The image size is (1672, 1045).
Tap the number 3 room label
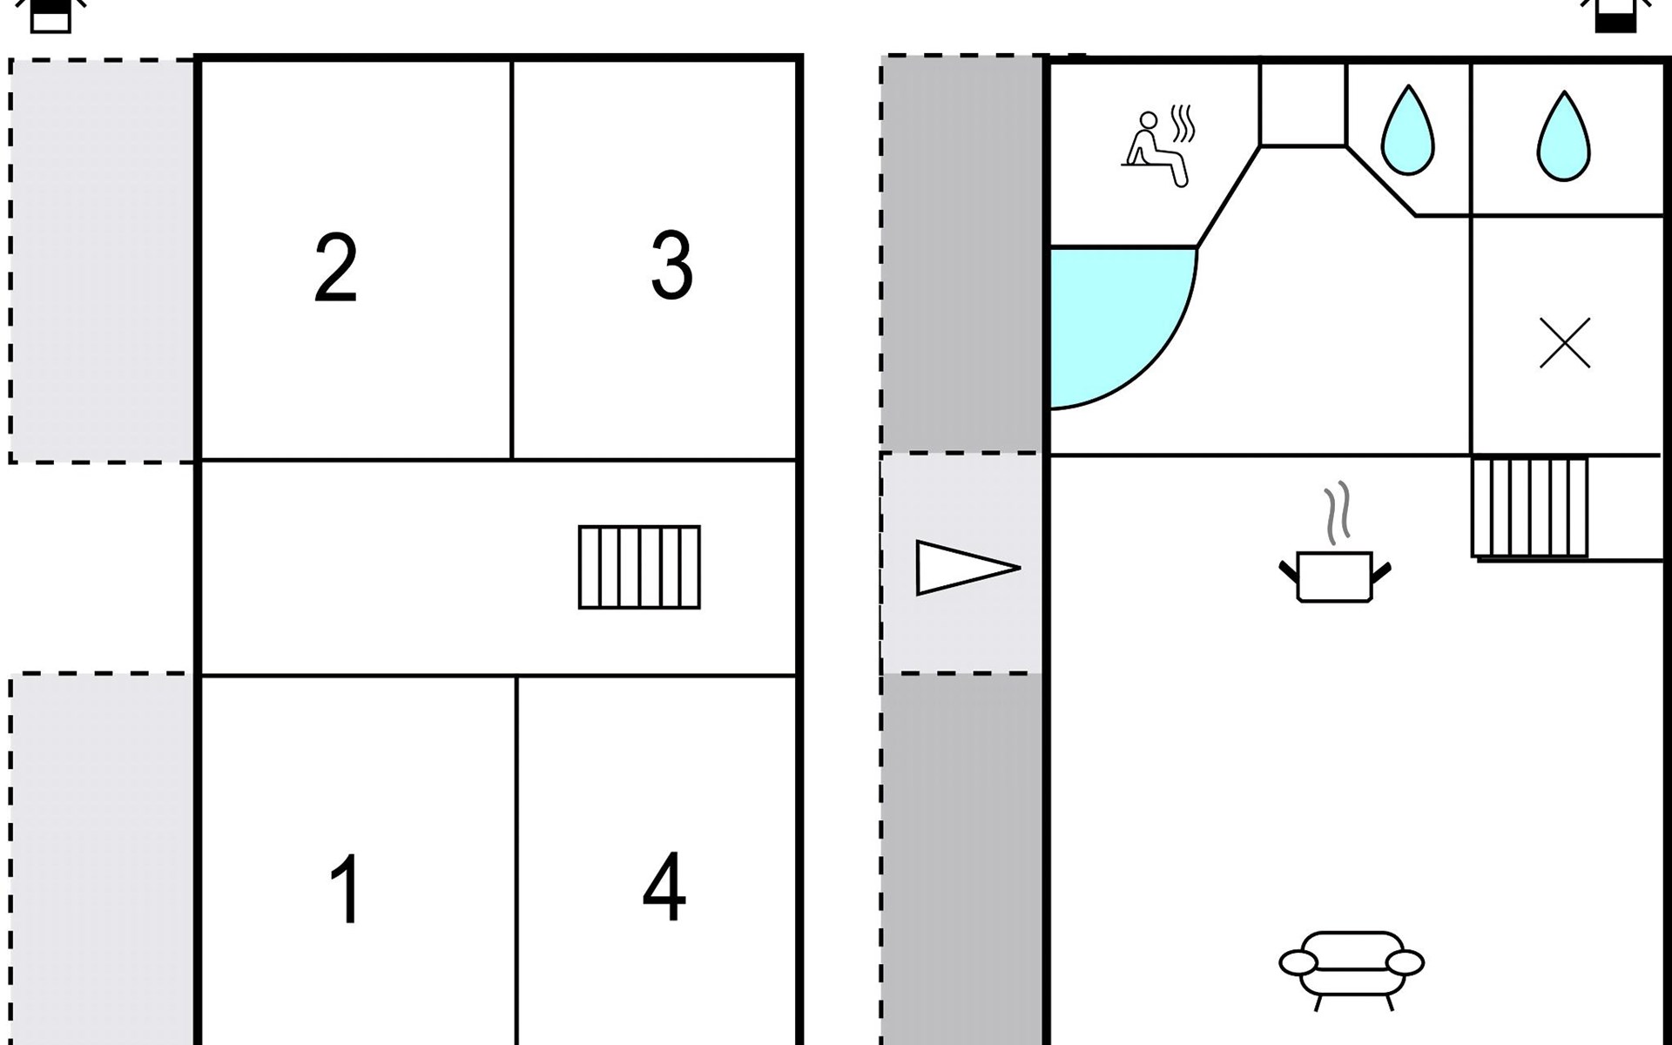(671, 265)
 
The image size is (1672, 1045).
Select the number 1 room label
(345, 888)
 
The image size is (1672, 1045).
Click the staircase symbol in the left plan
(639, 567)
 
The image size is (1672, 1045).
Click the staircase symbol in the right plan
(1530, 507)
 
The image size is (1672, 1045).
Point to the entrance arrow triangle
(967, 568)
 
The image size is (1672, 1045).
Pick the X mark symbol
(1565, 343)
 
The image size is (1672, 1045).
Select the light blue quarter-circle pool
(1115, 322)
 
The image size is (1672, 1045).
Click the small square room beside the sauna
(1303, 103)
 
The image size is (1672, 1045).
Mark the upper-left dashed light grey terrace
(103, 260)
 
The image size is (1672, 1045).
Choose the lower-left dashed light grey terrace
(103, 859)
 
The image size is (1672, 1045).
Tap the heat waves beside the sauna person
(1183, 124)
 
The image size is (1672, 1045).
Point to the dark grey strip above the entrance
(962, 253)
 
